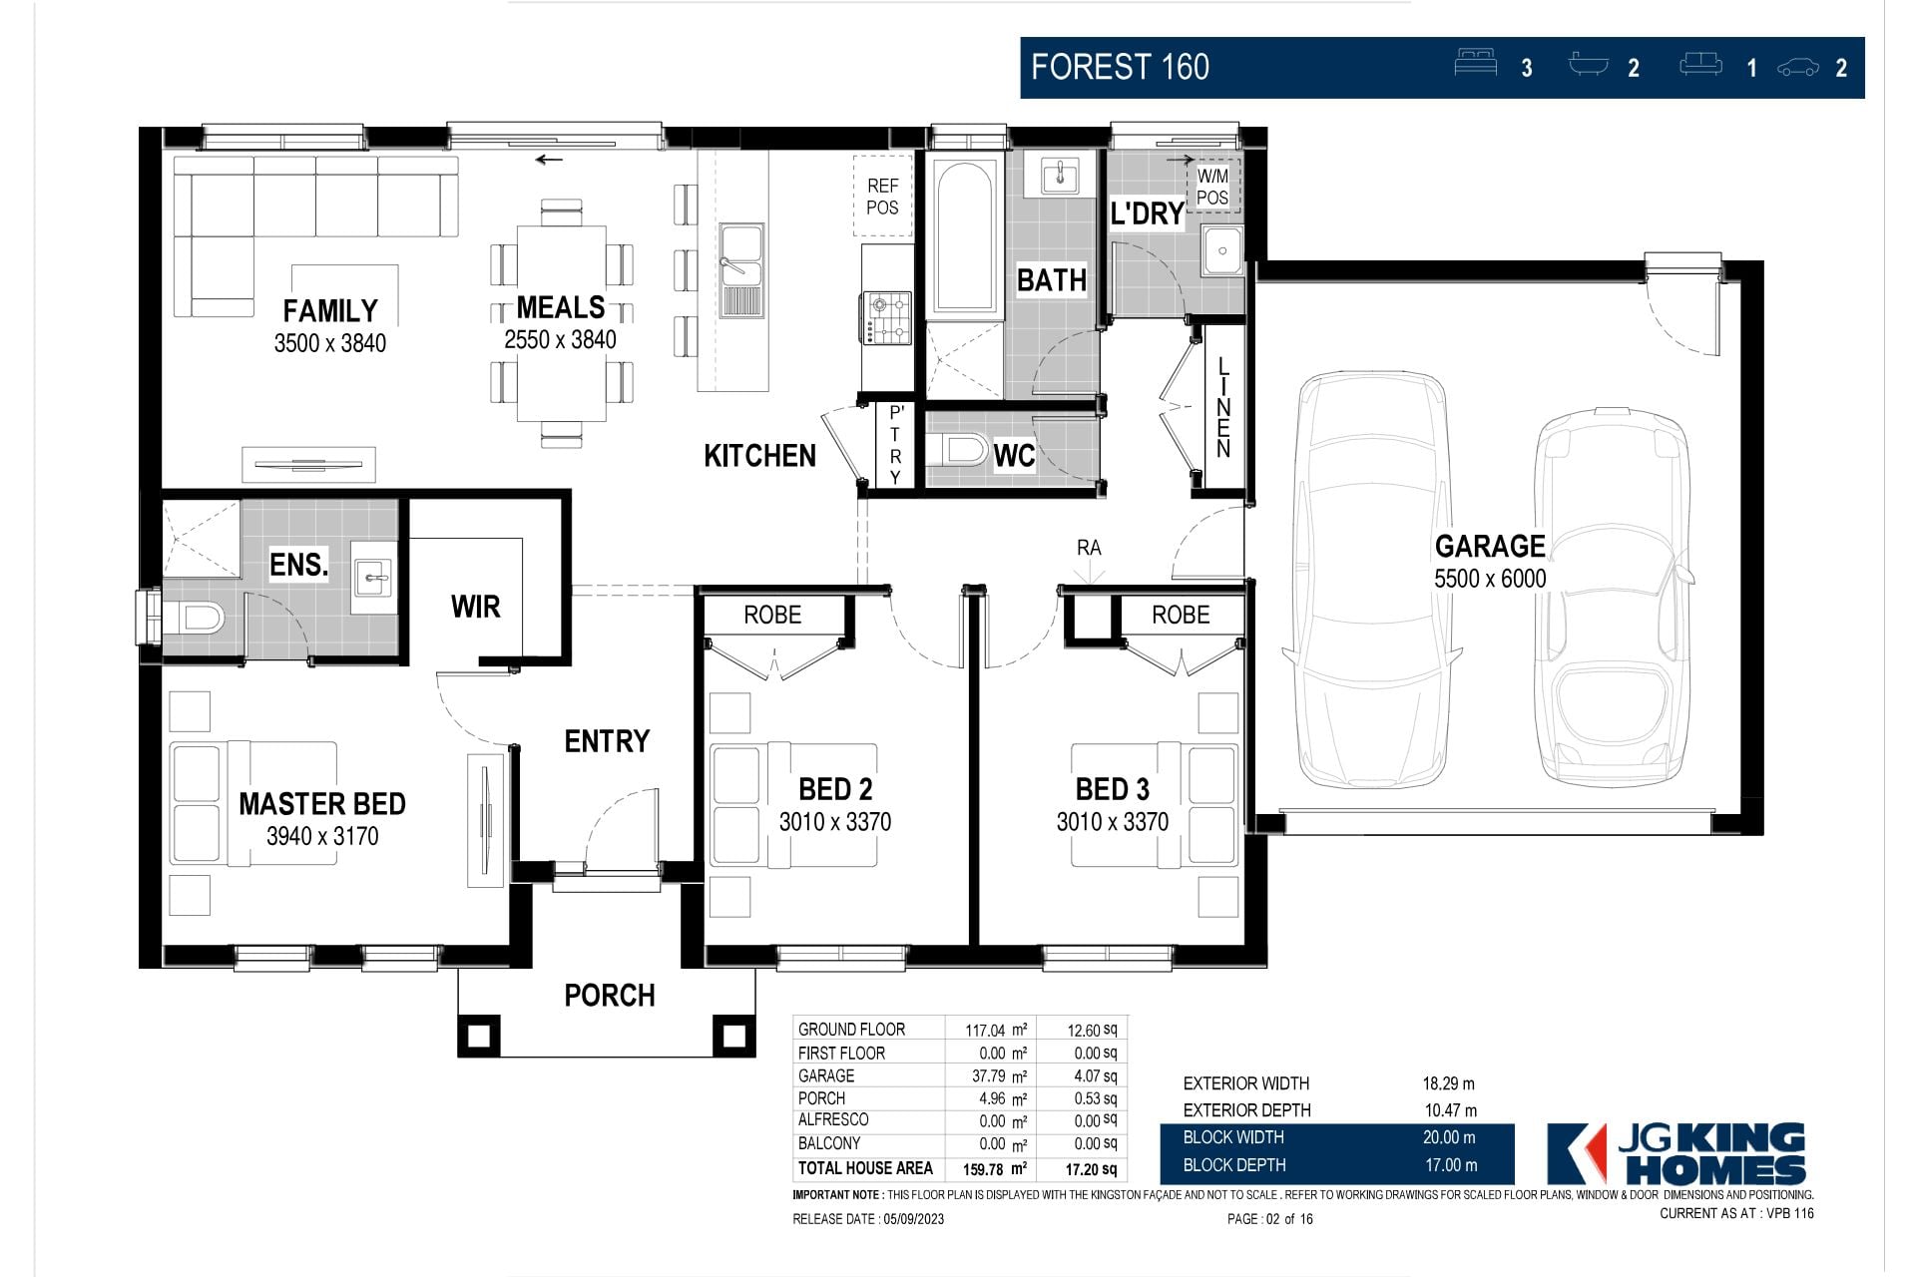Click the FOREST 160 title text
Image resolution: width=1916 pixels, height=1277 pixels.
pos(1120,67)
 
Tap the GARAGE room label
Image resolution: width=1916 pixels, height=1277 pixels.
pos(1490,546)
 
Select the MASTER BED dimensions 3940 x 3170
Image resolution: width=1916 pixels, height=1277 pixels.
pos(322,836)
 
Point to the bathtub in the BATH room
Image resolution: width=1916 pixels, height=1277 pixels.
pos(964,236)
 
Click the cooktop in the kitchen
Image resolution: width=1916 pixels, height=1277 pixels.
pos(888,317)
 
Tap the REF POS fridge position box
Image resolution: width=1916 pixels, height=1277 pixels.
pos(883,196)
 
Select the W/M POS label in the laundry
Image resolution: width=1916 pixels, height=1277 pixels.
pos(1212,187)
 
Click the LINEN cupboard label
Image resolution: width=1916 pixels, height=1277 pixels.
pos(1223,408)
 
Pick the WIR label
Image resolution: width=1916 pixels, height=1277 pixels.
pos(475,607)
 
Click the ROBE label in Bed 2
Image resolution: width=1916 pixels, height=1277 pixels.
pos(772,615)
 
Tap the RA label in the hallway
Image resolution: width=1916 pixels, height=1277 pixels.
pos(1089,548)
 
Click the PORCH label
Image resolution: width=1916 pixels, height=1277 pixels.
pos(610,995)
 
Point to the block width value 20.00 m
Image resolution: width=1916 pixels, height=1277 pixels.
pos(1450,1137)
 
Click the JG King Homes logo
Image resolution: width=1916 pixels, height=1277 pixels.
pos(1676,1153)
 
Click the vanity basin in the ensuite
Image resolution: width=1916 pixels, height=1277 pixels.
pos(375,577)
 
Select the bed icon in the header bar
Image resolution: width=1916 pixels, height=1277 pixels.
pos(1476,62)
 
